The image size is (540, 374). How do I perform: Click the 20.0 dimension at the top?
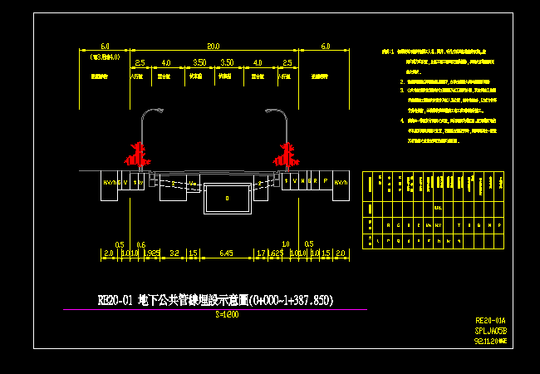point(214,47)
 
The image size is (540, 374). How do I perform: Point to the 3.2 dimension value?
point(174,251)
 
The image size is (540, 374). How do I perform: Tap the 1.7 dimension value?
point(261,251)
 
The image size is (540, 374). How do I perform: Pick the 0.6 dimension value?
point(140,244)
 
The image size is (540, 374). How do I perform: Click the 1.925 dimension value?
point(153,251)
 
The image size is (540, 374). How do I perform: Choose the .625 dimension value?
point(277,251)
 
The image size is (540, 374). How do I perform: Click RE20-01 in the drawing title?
point(115,300)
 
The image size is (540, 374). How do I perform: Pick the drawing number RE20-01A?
point(489,320)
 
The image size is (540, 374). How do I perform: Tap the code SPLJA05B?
point(490,330)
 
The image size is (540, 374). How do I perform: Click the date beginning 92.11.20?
point(489,340)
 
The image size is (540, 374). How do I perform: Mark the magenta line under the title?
point(214,309)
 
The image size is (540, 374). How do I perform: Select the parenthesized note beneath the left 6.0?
point(106,57)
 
